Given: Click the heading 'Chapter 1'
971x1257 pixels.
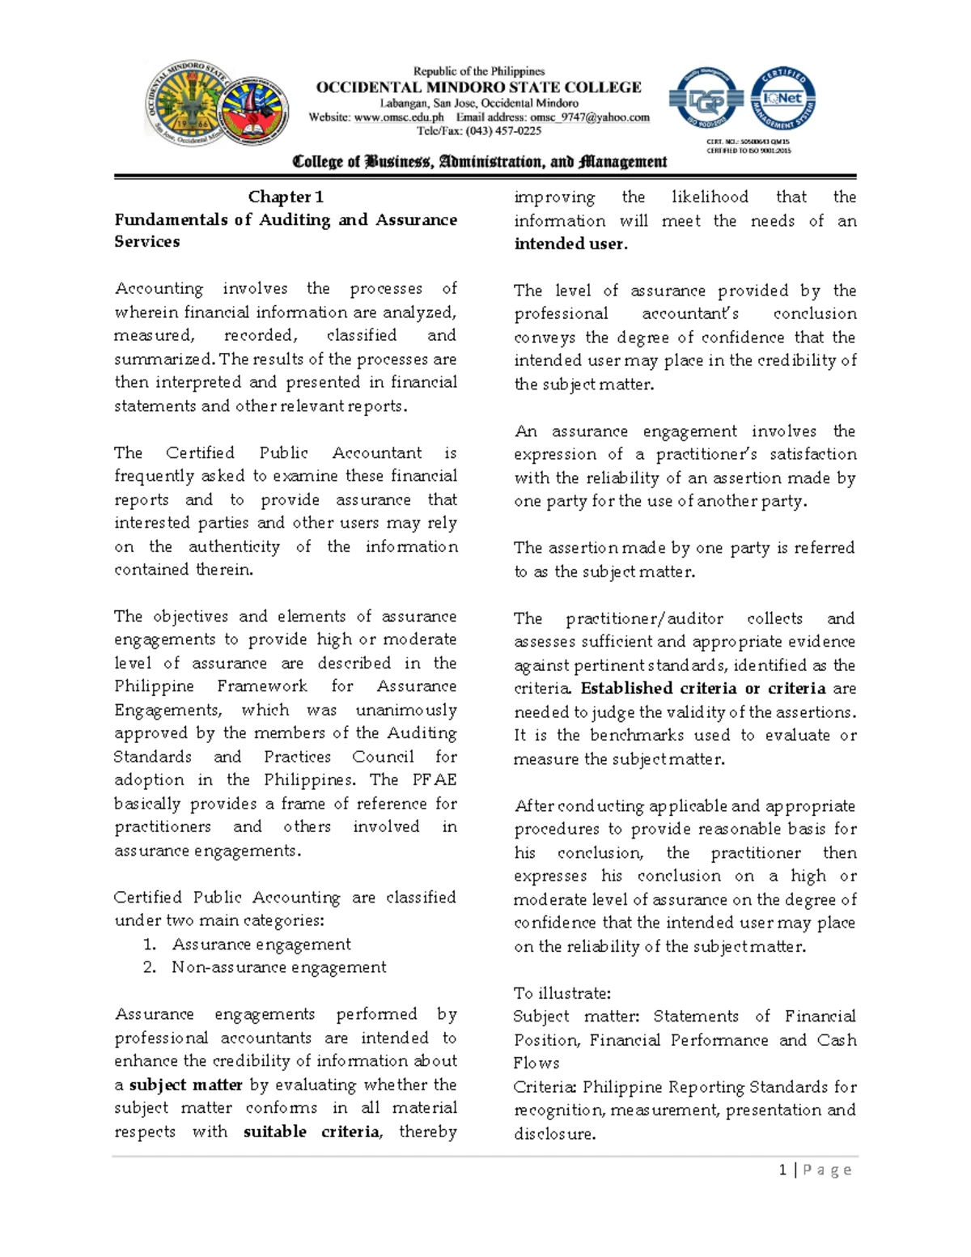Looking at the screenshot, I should pos(286,197).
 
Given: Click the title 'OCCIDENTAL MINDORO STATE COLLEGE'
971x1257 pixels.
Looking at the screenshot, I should pos(478,87).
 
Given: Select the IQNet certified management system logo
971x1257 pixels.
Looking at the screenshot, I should pos(782,99).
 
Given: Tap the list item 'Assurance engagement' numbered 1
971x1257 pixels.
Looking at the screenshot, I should pos(261,945).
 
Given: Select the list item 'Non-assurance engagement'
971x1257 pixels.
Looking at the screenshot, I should pos(278,968).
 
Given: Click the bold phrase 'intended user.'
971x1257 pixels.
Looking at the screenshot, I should pos(570,244).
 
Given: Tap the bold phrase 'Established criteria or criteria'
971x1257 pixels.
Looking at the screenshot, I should pos(703,689).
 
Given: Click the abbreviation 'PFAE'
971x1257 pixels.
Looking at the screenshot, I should pos(434,780).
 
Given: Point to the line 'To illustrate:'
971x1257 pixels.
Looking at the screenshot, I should pos(562,993).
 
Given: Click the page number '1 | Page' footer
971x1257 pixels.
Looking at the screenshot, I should pos(814,1170).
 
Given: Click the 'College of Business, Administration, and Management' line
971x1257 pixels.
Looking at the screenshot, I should pos(480,162).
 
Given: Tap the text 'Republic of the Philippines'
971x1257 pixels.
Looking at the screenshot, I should pos(479,71).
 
